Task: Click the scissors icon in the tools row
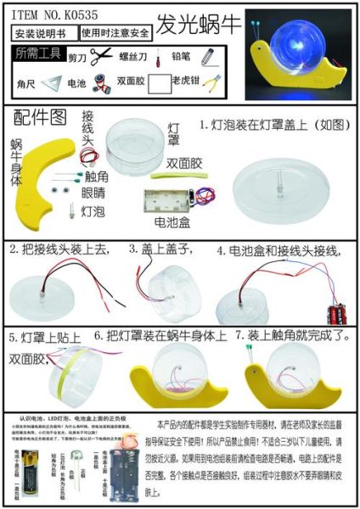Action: point(101,56)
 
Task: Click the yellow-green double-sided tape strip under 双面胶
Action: point(175,176)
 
